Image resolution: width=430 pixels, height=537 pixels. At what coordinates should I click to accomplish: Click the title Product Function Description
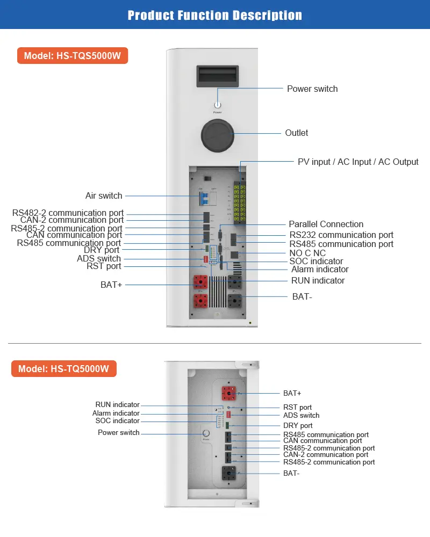pos(215,15)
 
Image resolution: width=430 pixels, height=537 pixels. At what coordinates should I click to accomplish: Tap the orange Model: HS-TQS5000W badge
pos(73,56)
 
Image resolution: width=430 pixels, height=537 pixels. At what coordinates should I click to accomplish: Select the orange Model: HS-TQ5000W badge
pos(64,369)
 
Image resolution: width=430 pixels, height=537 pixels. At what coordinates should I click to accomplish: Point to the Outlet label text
pos(297,133)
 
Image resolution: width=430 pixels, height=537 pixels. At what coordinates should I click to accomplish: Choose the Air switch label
pos(104,195)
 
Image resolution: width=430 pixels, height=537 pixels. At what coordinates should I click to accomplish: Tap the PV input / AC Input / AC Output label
pos(358,162)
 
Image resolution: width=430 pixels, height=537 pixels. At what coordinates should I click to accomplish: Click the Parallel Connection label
pos(326,224)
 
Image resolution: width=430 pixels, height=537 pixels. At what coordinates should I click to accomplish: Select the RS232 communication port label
pos(341,235)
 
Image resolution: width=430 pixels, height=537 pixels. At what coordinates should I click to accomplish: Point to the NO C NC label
pos(307,253)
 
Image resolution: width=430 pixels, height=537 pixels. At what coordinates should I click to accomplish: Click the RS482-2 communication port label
pos(68,213)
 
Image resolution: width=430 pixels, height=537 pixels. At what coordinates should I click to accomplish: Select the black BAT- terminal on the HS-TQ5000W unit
pos(230,474)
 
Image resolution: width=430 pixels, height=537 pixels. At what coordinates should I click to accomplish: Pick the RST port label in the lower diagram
pos(297,407)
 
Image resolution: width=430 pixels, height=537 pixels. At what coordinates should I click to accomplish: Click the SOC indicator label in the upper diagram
pos(316,261)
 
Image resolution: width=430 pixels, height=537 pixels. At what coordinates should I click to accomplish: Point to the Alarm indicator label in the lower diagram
pos(116,413)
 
